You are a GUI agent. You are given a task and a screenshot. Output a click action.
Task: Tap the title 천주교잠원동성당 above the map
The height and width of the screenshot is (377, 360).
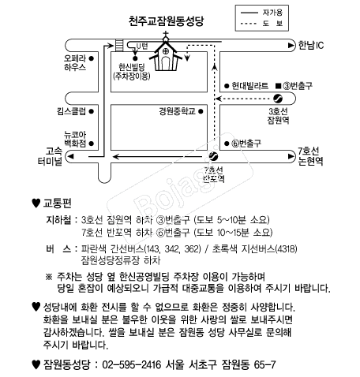(166, 21)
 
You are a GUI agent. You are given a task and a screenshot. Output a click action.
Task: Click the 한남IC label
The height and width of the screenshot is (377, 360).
(311, 45)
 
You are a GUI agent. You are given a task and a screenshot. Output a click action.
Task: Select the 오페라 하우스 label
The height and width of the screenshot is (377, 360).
(75, 62)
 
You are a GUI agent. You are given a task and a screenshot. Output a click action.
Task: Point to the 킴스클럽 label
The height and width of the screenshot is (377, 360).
(72, 111)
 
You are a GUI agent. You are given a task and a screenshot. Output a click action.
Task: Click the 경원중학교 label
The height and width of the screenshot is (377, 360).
(177, 111)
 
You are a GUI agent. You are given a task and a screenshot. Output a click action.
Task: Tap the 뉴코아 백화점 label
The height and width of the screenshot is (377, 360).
(75, 139)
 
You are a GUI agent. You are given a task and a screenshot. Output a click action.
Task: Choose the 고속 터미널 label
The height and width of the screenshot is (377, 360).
(50, 156)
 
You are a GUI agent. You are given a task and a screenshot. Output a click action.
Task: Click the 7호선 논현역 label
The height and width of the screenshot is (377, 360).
(310, 156)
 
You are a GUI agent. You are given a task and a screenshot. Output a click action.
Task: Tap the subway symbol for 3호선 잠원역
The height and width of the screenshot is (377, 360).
(278, 99)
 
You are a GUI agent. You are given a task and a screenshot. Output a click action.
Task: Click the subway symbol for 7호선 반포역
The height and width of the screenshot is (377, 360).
(213, 156)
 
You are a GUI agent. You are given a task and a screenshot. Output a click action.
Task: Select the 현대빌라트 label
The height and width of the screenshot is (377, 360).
(249, 86)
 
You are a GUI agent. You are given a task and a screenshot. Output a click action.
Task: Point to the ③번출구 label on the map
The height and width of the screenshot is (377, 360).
(298, 86)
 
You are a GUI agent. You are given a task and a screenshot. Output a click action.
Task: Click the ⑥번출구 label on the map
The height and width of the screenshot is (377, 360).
(246, 144)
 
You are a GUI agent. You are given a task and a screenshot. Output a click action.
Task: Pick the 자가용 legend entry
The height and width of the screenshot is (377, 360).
(272, 13)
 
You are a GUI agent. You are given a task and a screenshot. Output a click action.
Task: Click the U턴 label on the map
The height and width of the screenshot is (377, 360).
(142, 47)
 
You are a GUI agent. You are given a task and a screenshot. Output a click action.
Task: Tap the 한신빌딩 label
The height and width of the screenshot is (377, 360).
(132, 67)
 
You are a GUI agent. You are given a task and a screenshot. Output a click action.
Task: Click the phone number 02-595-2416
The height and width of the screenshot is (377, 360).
(132, 364)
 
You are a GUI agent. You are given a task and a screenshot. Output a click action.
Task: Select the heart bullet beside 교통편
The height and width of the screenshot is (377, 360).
(36, 203)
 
